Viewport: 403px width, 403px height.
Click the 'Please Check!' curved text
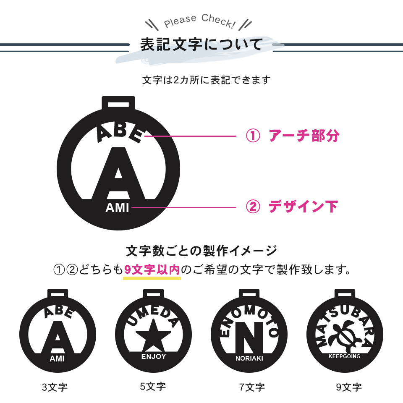199,21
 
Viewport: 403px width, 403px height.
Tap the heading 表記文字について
201,44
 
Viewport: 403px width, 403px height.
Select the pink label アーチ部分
304,136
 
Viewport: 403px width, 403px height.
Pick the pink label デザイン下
303,207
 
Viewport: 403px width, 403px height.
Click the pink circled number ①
253,136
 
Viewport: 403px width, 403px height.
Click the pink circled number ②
253,207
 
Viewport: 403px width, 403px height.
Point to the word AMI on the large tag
117,208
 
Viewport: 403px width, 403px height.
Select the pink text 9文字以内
152,270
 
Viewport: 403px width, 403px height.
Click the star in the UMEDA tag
154,335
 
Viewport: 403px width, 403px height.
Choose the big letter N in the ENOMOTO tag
249,338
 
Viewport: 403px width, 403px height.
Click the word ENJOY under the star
154,356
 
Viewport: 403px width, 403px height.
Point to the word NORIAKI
249,358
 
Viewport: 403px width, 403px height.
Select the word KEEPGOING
344,356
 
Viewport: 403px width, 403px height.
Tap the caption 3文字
55,387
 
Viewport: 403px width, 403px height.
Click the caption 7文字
252,387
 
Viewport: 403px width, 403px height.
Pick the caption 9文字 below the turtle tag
349,387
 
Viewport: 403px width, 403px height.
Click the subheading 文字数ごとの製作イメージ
201,251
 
